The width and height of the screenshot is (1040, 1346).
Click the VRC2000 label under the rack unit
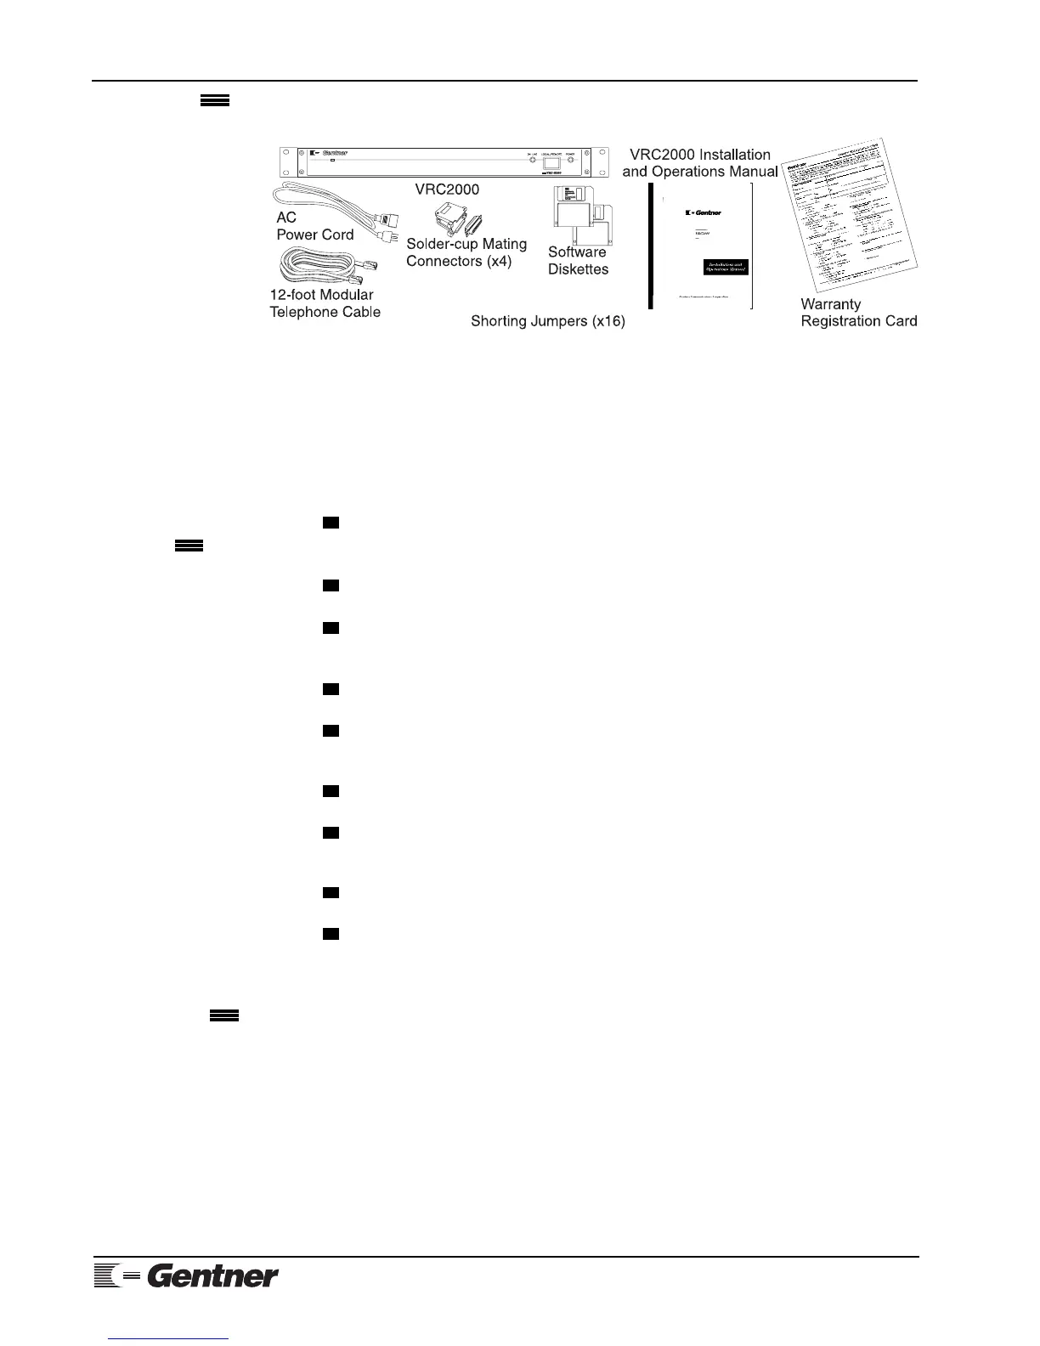pos(453,189)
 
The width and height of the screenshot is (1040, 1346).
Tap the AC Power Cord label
pos(314,226)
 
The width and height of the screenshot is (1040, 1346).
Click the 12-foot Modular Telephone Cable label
pos(325,303)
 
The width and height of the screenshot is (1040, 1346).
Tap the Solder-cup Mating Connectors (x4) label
pos(466,252)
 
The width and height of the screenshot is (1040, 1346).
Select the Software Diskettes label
pos(578,261)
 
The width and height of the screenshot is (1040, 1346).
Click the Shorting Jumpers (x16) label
pos(548,322)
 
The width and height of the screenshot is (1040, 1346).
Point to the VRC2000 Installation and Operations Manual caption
pos(699,163)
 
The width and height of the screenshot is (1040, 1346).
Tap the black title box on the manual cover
pos(726,268)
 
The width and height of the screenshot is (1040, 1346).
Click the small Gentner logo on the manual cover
pos(703,212)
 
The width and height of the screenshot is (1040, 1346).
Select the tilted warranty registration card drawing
pos(850,221)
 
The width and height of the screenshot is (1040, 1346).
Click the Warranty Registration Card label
pos(858,313)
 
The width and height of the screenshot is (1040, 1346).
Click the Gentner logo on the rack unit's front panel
pos(334,154)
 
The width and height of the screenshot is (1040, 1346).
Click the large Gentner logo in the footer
pos(186,1275)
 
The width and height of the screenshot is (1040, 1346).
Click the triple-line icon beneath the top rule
pos(214,100)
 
